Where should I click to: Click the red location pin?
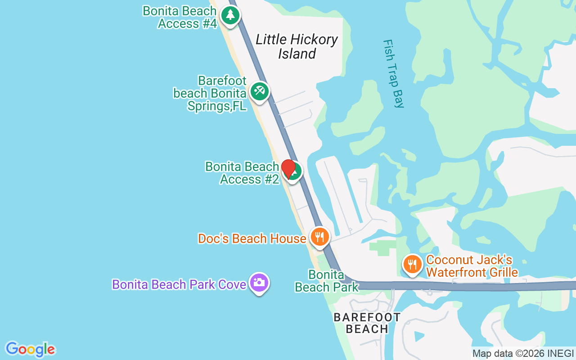288,168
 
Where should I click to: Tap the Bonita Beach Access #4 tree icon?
230,15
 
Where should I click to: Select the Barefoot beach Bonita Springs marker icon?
259,91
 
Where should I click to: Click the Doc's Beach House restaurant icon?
320,236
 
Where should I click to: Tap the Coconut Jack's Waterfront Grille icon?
412,264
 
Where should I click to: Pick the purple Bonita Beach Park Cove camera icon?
259,283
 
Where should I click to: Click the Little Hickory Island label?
297,46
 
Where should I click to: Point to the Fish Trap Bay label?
393,73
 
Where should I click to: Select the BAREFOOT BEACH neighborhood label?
367,323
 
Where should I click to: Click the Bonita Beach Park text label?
327,281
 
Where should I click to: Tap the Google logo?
30,349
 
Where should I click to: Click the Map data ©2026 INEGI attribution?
523,354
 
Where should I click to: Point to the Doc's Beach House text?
252,238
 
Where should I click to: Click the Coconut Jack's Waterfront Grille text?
472,266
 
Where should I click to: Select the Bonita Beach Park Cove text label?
179,284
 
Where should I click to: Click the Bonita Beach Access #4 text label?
180,17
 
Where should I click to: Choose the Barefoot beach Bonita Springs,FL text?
210,94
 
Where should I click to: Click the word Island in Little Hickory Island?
297,54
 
